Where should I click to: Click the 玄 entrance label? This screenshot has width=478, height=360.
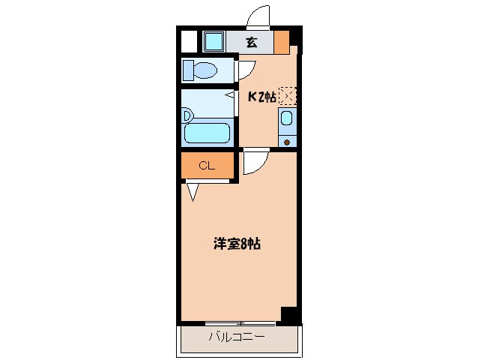(x=251, y=43)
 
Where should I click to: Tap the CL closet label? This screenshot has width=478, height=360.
(x=207, y=166)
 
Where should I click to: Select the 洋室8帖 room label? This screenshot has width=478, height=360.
(x=237, y=244)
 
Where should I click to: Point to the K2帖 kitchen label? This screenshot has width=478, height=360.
(x=262, y=97)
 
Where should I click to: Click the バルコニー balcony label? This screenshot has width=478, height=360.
(x=237, y=337)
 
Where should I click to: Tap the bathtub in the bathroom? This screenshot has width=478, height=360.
(x=207, y=133)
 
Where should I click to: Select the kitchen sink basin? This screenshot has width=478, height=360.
(x=286, y=118)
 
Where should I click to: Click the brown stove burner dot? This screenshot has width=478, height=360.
(x=286, y=142)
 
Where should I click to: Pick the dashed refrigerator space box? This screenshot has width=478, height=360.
(x=288, y=96)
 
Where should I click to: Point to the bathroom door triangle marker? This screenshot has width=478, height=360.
(x=230, y=95)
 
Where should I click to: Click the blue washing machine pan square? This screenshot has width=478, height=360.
(x=214, y=42)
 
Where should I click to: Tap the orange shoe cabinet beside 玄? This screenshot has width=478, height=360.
(x=282, y=43)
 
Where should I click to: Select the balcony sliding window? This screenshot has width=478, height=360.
(x=240, y=323)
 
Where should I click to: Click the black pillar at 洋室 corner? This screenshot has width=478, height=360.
(x=288, y=313)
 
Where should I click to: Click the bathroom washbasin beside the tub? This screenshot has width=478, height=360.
(x=187, y=116)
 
